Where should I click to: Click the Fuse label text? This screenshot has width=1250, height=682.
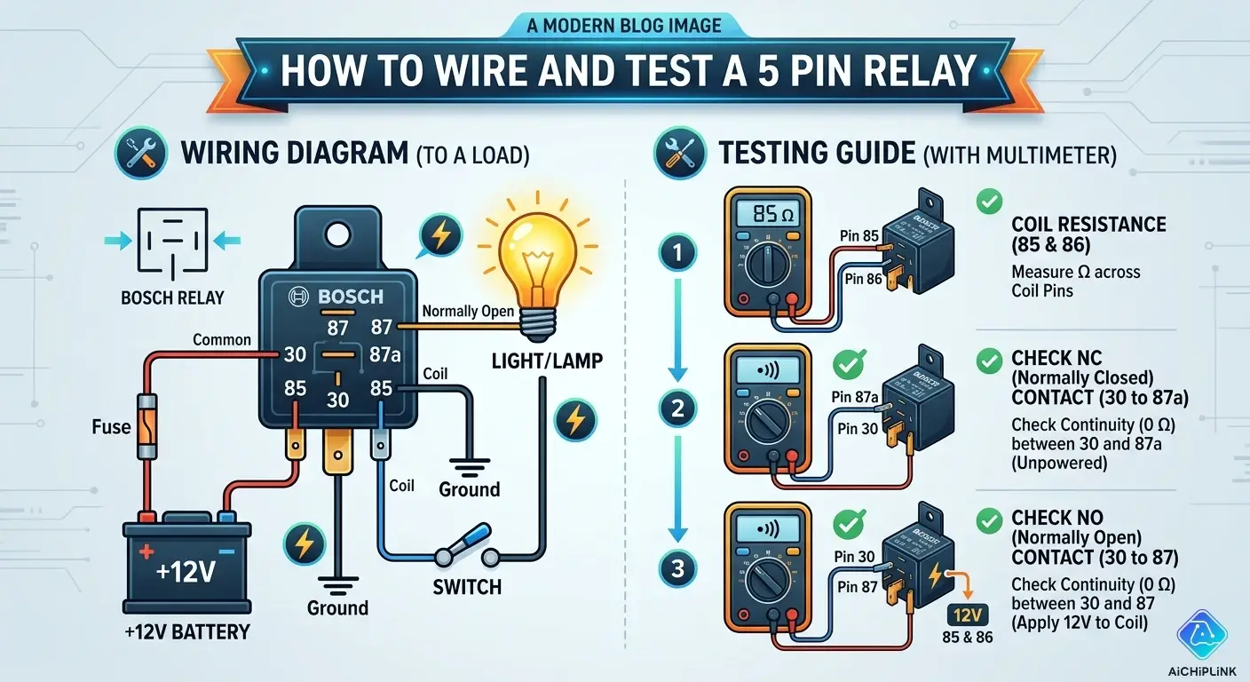[111, 427]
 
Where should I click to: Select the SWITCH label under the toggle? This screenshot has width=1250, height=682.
[467, 586]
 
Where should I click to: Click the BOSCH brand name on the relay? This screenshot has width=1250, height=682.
[342, 297]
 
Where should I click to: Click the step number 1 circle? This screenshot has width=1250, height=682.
[677, 255]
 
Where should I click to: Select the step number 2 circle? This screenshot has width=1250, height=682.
[677, 408]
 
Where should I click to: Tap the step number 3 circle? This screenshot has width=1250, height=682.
[677, 569]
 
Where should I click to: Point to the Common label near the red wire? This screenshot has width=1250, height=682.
[222, 340]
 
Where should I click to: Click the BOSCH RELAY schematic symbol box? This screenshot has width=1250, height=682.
[171, 241]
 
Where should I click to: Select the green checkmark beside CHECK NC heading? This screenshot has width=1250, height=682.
[987, 360]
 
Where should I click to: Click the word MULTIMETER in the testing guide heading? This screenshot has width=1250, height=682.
[1052, 156]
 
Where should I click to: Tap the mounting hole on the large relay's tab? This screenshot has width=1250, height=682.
[337, 234]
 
